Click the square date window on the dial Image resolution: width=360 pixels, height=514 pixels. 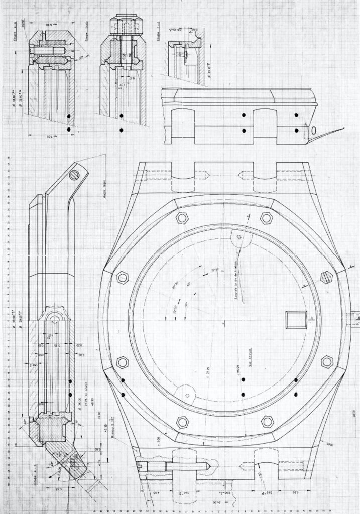click(293, 319)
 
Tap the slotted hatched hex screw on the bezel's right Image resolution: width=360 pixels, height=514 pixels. click(327, 276)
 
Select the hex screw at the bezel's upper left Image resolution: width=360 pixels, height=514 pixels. click(181, 218)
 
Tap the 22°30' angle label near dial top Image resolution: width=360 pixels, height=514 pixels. click(215, 273)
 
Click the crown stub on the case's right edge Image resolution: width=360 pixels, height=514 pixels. click(354, 318)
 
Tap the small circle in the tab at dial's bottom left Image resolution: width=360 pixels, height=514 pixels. click(187, 396)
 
